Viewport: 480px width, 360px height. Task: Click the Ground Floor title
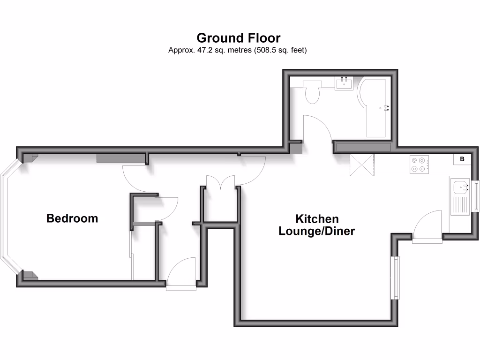click(x=238, y=37)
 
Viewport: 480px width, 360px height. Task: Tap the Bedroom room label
click(x=72, y=218)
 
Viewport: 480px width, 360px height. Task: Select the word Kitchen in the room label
click(x=317, y=219)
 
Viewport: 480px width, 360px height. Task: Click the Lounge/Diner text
click(x=316, y=231)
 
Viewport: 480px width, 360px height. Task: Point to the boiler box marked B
click(x=462, y=159)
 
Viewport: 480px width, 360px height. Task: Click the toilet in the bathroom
click(x=312, y=91)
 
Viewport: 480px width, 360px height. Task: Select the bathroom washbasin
click(x=345, y=83)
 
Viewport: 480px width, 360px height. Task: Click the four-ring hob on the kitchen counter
click(x=419, y=164)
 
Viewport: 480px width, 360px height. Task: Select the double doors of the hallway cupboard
click(x=220, y=181)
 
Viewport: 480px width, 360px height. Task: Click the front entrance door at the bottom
click(x=181, y=274)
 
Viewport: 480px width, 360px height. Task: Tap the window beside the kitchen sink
click(x=476, y=195)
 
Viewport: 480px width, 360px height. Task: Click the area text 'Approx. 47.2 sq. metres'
click(x=210, y=50)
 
